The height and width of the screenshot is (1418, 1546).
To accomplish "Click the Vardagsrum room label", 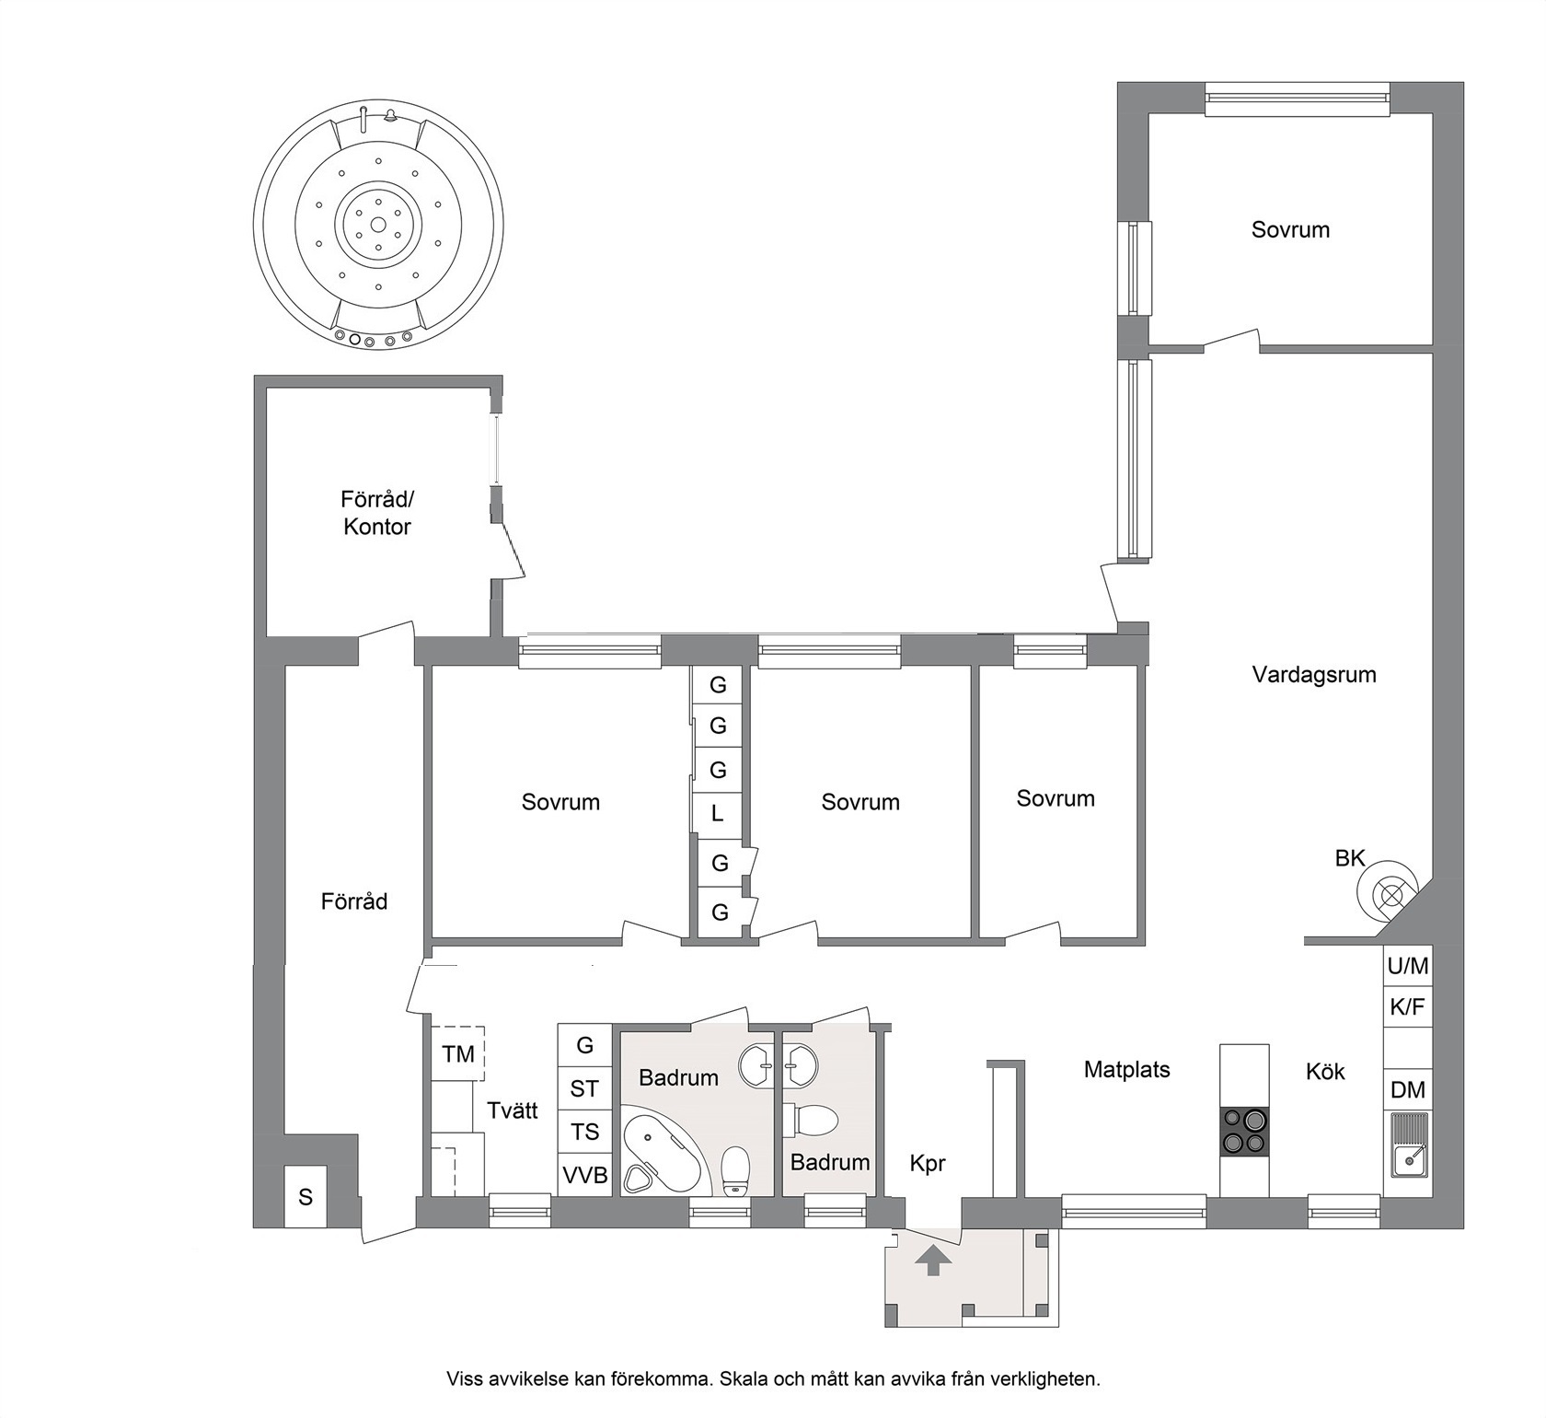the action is coord(1313,675).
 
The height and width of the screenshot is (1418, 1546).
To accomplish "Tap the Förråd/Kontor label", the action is coord(377,513).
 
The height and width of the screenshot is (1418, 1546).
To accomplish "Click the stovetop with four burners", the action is coord(1244,1132).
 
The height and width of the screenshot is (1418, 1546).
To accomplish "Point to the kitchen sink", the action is coord(1407,1145).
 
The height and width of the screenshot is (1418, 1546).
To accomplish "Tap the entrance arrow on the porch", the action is coord(933,1260).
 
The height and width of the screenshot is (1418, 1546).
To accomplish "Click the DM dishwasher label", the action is coord(1407,1090).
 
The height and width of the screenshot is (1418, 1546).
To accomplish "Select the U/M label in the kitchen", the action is coord(1407,966).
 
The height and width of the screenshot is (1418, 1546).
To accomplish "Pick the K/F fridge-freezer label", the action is coord(1407,1007).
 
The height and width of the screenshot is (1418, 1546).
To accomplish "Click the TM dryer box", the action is coord(457,1053).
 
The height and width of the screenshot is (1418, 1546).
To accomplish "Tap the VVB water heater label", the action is coord(585,1176).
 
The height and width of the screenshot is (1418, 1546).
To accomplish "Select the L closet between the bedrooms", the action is coord(718,814).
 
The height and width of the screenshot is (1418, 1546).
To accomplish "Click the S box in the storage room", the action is coord(306,1197).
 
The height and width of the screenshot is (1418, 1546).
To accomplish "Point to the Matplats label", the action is coord(1126,1070).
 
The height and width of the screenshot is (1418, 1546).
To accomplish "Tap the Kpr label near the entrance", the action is coord(927,1165).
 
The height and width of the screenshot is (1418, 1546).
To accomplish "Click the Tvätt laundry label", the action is coord(513,1110).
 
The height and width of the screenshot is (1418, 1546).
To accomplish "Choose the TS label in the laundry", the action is coord(585,1132).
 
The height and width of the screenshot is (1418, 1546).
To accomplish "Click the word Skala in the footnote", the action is coord(742,1378).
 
